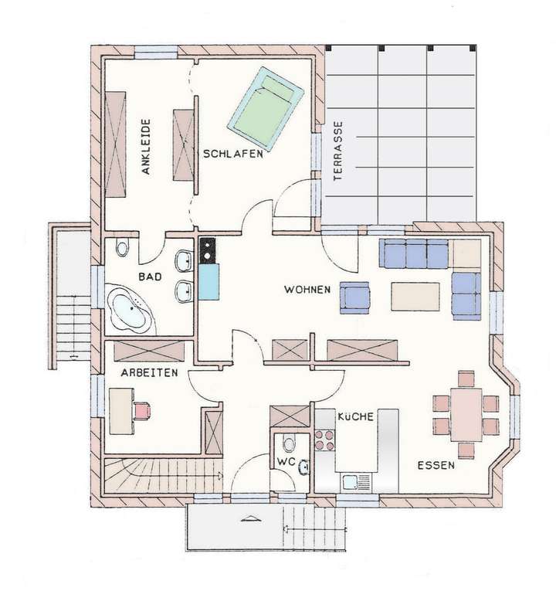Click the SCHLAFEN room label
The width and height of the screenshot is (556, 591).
[x=233, y=154]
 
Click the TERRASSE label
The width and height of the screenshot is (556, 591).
[x=337, y=151]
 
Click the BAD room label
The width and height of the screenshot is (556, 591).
[x=150, y=276]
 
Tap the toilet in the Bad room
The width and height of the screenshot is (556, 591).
[x=122, y=249]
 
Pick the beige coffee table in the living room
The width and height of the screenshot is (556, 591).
[x=415, y=297]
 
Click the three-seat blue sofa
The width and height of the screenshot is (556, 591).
[x=414, y=253]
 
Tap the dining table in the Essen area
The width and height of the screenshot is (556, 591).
[x=466, y=415]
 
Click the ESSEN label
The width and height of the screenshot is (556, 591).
[x=436, y=466]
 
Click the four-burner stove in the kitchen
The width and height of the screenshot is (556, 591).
[x=324, y=440]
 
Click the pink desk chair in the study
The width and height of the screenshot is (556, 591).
[x=141, y=409]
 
